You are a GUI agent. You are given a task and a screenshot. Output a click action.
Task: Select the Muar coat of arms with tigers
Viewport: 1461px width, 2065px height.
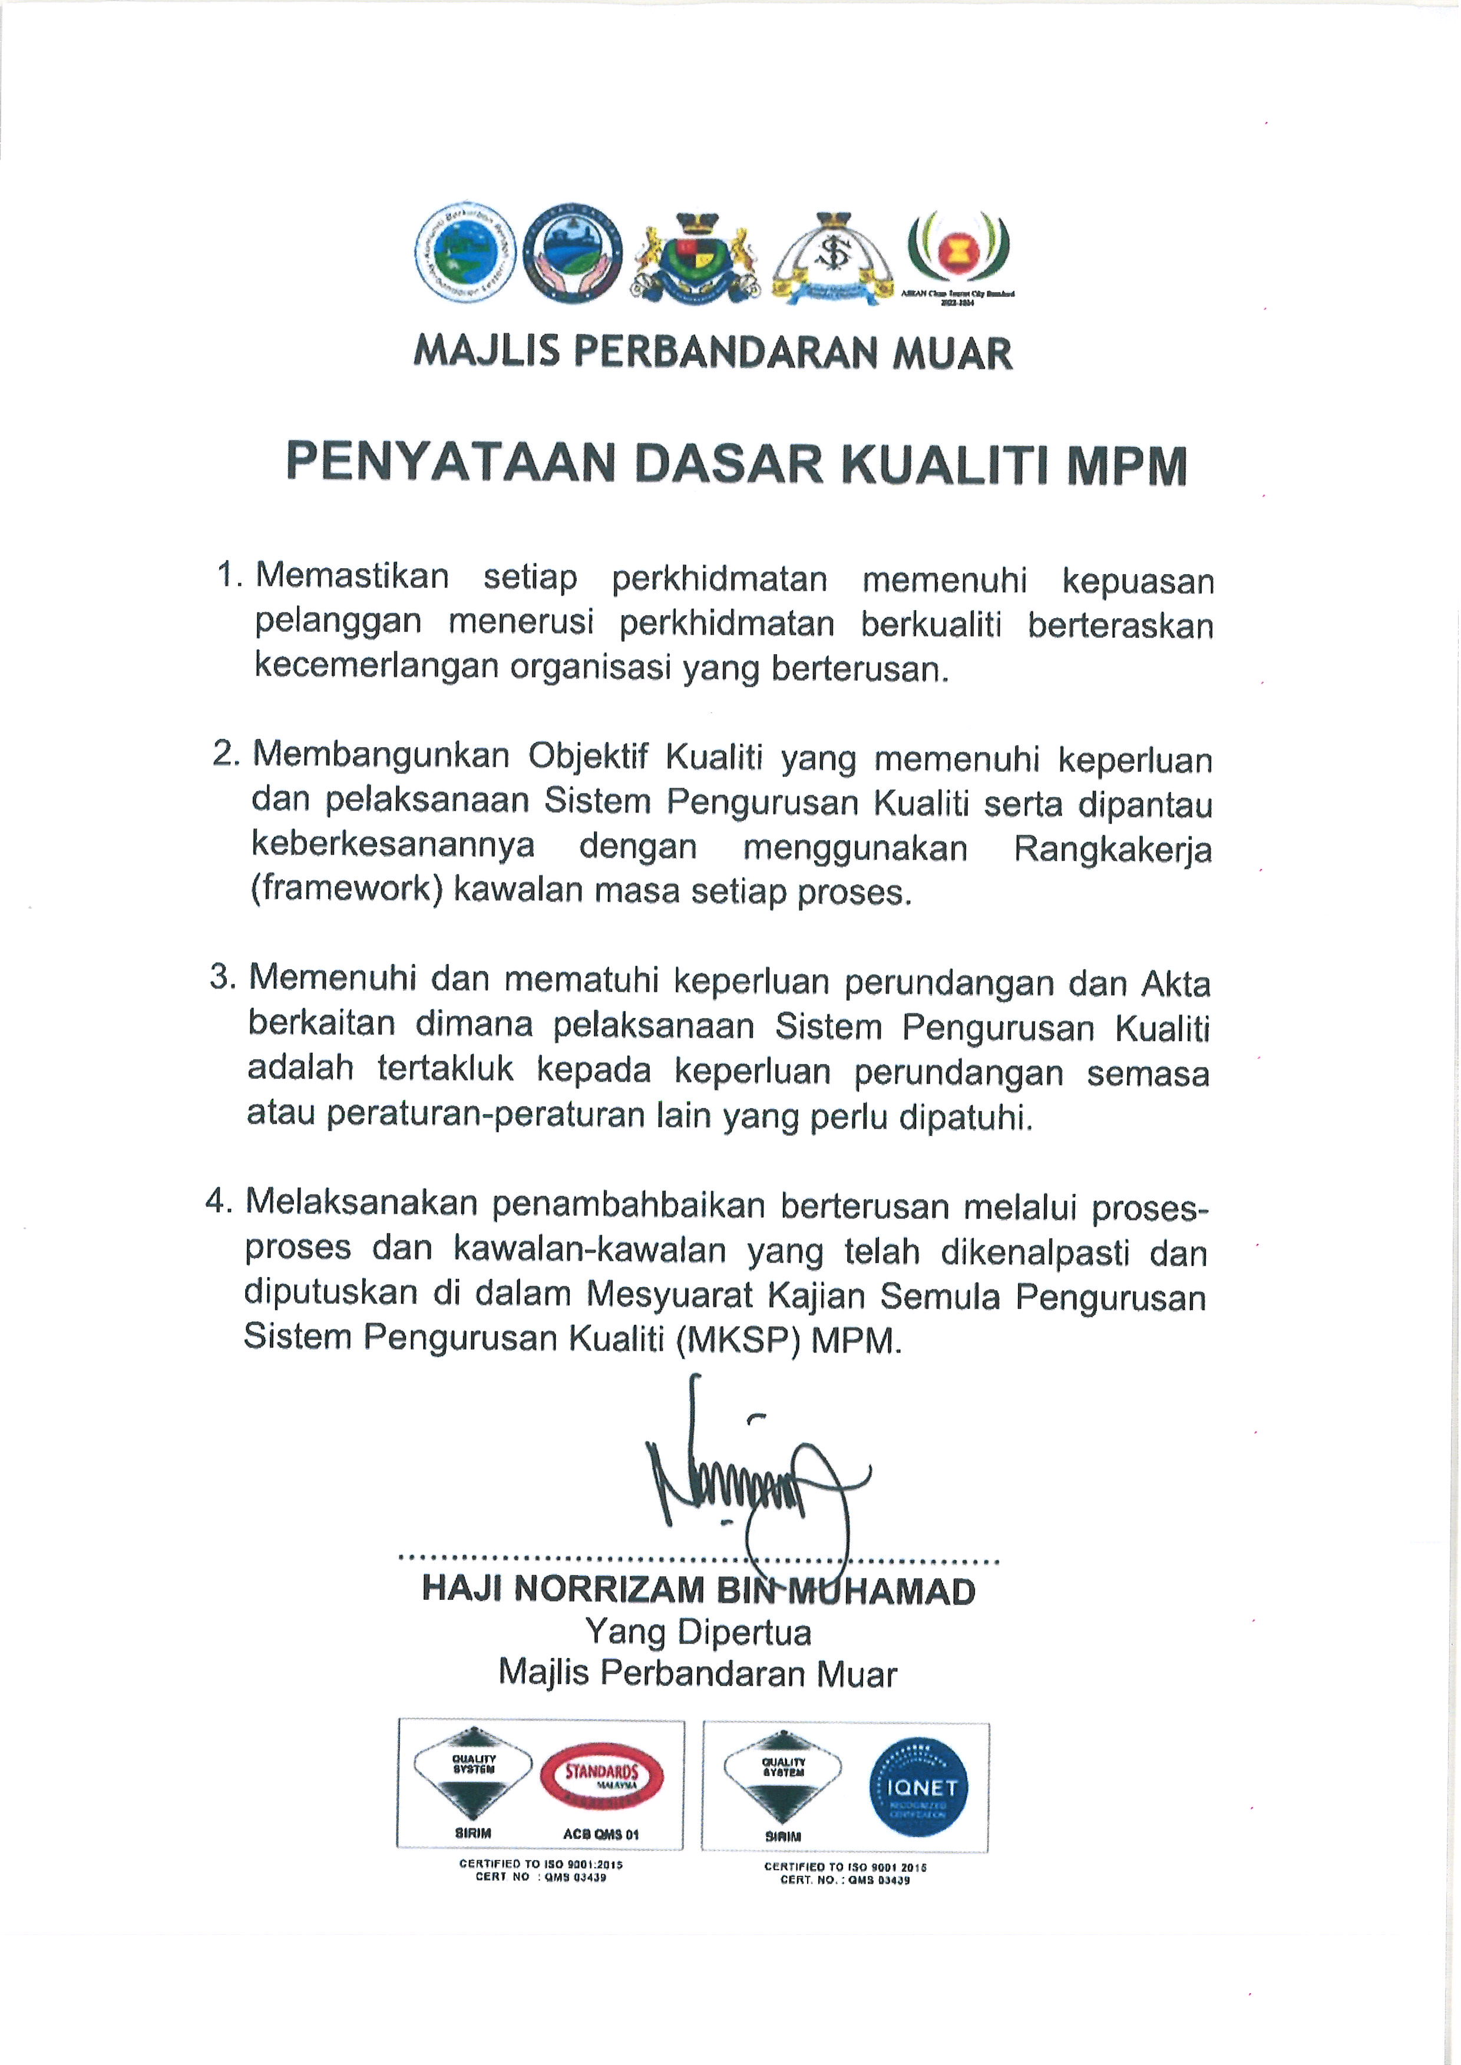tap(693, 256)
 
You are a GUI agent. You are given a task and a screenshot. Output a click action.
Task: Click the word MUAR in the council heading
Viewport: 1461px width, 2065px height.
tap(952, 353)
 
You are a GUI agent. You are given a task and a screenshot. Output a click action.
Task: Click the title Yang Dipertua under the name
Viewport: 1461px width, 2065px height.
tap(698, 1632)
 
